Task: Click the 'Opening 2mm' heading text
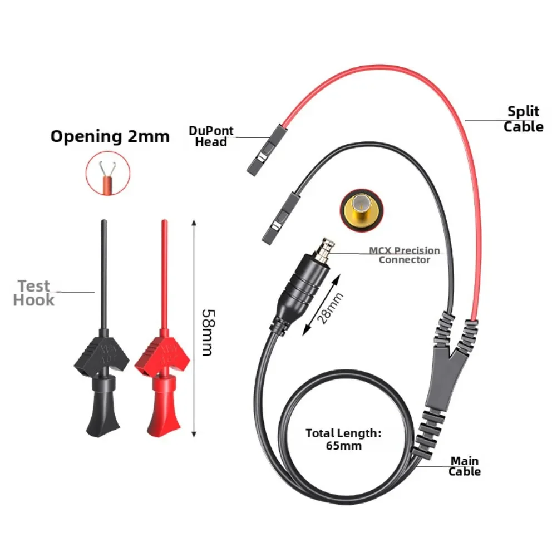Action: point(110,137)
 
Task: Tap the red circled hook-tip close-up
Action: point(108,174)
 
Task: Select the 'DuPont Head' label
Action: point(211,136)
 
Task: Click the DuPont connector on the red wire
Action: point(267,150)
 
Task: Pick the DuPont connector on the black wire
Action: point(282,219)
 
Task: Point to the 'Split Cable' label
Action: point(523,119)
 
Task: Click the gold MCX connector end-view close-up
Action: point(362,210)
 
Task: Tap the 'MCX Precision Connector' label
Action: point(404,255)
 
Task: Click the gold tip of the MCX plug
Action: point(324,249)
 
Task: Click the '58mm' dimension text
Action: point(209,333)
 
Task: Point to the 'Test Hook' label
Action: point(34,293)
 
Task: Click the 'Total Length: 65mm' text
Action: point(343,440)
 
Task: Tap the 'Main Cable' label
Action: point(464,466)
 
